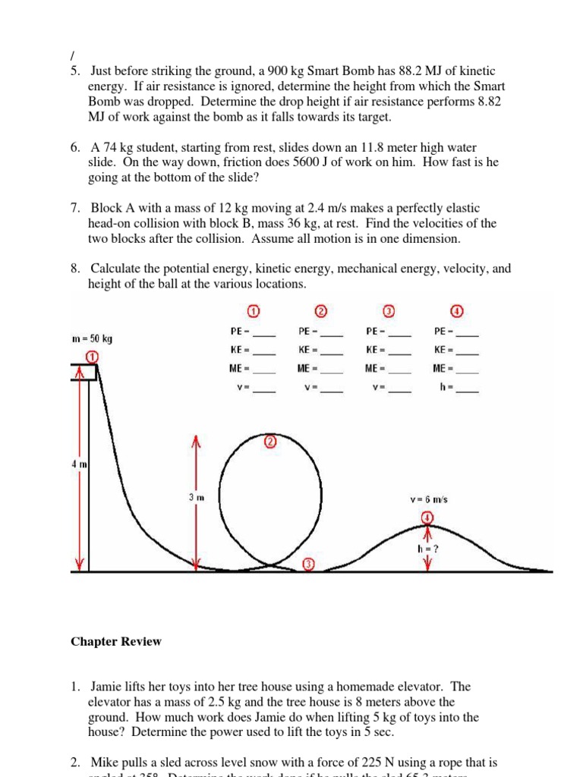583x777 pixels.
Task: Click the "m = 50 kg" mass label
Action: tap(92, 338)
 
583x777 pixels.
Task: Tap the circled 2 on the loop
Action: tap(269, 442)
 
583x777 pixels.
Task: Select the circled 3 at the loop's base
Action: tap(307, 564)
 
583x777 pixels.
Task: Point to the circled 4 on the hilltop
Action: tap(427, 517)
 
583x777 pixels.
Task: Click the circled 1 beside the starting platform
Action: tap(91, 357)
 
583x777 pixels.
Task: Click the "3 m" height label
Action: tap(196, 497)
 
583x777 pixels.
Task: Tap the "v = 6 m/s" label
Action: tap(428, 499)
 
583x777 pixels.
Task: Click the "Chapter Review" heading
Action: tap(116, 641)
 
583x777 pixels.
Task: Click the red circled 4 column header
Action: tap(458, 312)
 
